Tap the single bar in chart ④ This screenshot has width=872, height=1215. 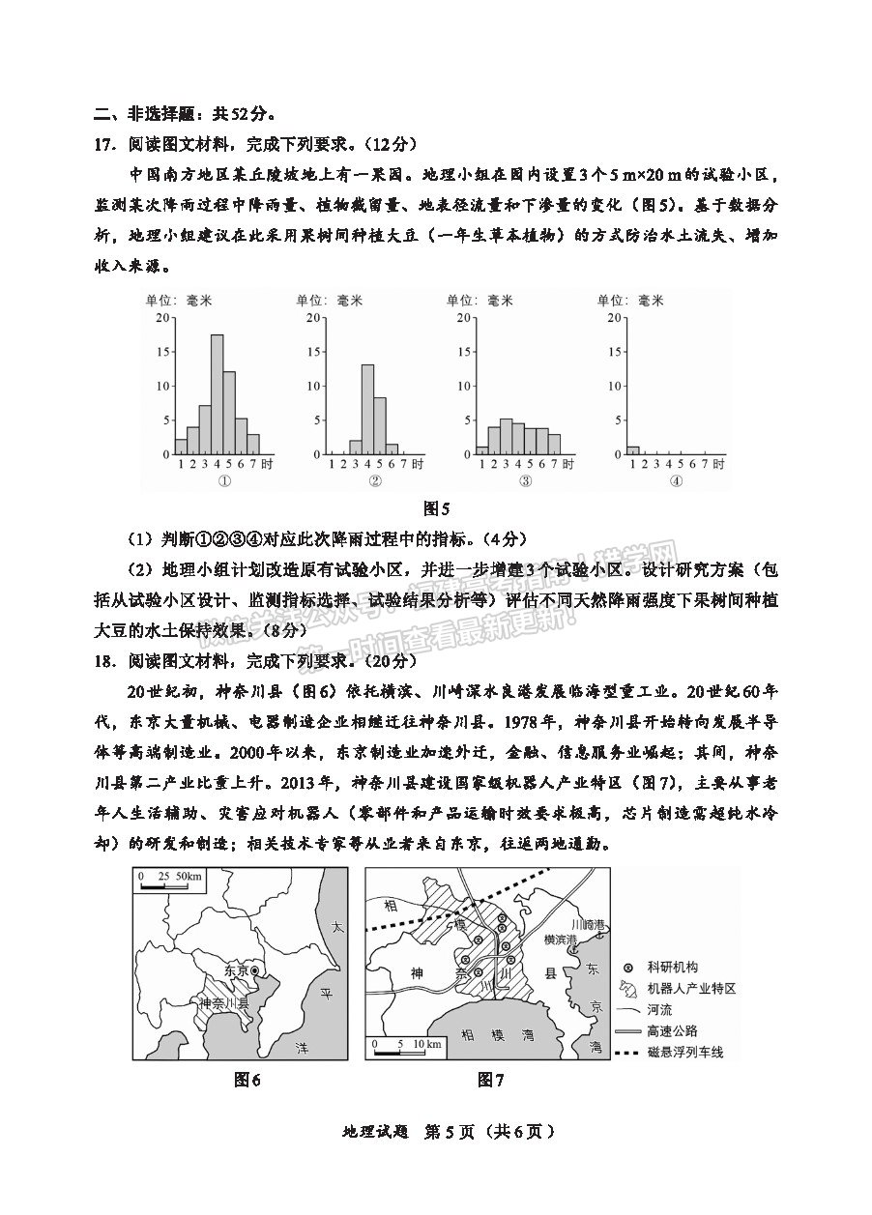pos(633,449)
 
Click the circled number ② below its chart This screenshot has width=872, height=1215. pos(375,481)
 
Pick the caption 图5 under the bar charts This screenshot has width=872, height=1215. pos(437,507)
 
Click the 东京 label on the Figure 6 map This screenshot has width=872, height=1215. pos(236,969)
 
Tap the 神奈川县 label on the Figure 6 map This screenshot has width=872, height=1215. pos(224,1004)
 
